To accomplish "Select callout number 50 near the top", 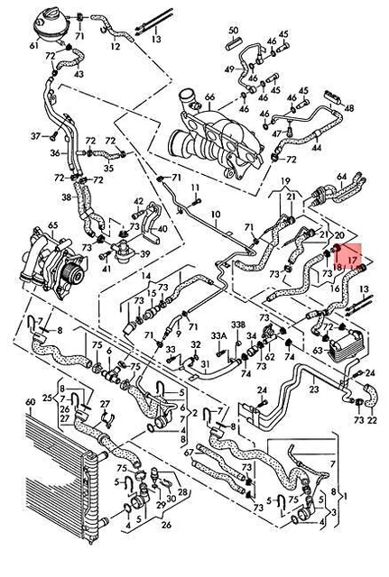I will [x=233, y=31].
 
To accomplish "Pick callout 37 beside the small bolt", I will [x=36, y=136].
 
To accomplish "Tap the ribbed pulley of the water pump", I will [x=74, y=269].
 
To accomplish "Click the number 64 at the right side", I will [x=342, y=177].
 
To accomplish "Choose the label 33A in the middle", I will [x=218, y=335].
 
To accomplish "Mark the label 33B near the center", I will [x=237, y=325].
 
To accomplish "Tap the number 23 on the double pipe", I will [x=314, y=389].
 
